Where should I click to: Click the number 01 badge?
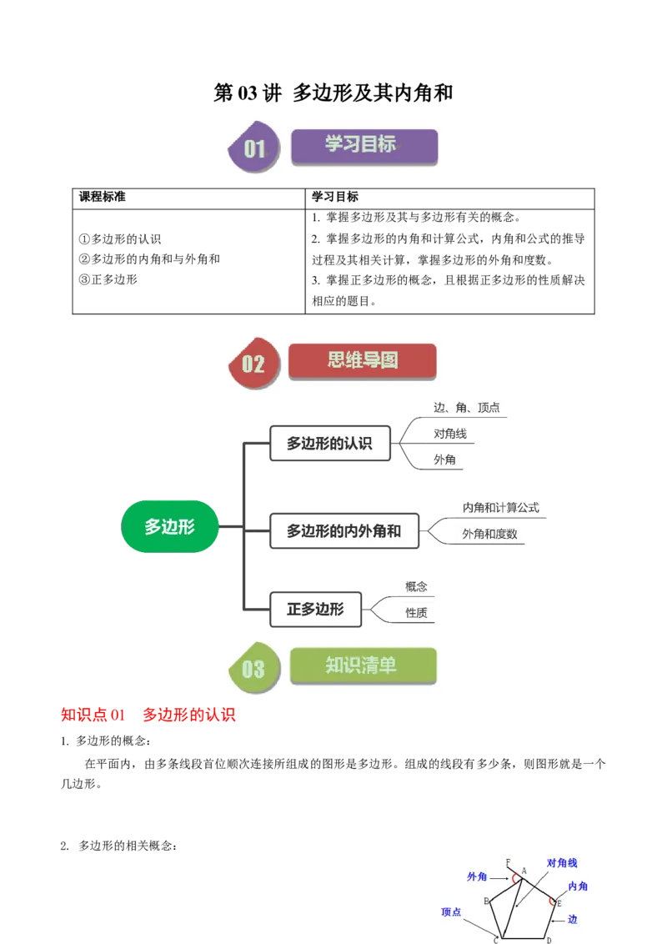tap(253, 148)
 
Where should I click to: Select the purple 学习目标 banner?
tap(364, 145)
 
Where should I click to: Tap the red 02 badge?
tap(253, 364)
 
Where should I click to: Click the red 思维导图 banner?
tap(362, 360)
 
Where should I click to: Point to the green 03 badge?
tap(253, 669)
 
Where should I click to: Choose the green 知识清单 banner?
tap(363, 665)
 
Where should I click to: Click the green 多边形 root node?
tap(169, 526)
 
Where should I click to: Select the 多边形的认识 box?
tap(329, 444)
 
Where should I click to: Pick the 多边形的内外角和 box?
tap(344, 531)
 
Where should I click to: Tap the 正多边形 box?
tap(315, 610)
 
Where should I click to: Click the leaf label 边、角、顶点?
tap(466, 408)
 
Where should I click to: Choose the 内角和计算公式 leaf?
tap(500, 507)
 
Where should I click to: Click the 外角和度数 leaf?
tap(489, 534)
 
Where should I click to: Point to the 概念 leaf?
tap(416, 586)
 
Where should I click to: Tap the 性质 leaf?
tap(416, 613)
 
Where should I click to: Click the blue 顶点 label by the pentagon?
tap(451, 912)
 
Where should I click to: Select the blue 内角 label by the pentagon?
tap(578, 886)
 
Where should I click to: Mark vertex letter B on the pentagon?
tap(486, 901)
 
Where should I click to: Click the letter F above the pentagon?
tap(508, 861)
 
